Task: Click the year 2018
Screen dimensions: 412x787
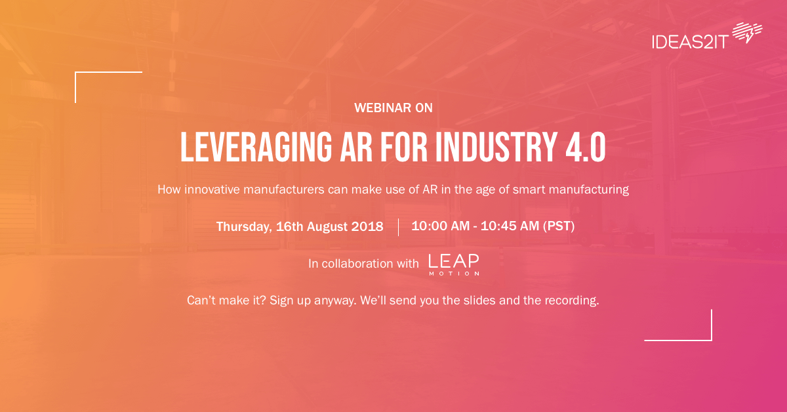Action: (x=367, y=227)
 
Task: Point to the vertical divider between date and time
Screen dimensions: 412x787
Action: (x=398, y=227)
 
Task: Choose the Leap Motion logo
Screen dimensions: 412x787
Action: (x=453, y=264)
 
